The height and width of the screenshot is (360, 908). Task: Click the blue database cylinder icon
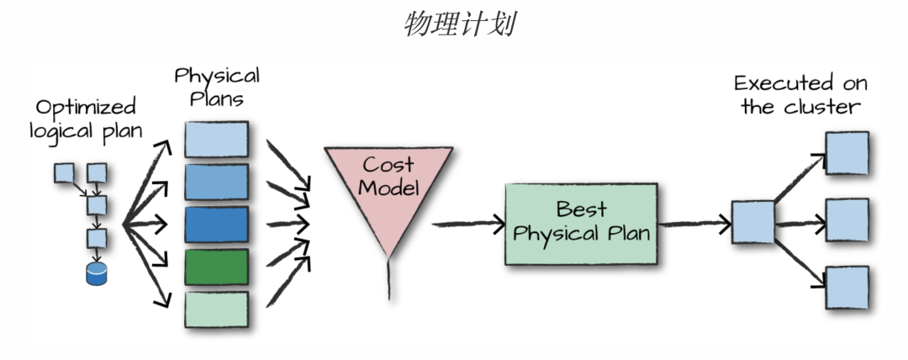click(98, 273)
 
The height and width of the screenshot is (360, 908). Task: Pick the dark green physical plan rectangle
click(216, 267)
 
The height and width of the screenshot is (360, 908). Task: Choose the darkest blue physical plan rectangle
click(216, 225)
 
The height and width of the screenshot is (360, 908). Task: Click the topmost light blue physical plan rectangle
click(216, 140)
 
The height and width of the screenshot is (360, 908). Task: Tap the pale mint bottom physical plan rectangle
click(216, 309)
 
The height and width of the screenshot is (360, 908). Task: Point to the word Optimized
click(85, 108)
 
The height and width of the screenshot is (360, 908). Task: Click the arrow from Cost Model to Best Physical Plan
click(467, 225)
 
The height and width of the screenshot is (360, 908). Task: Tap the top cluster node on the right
click(846, 152)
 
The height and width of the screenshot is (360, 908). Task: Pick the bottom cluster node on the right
click(846, 288)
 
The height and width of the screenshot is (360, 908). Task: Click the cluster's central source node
click(752, 223)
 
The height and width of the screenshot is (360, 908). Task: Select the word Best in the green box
click(581, 209)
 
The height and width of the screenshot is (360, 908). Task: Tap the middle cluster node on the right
click(846, 220)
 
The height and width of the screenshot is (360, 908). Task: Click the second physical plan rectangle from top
click(216, 182)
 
